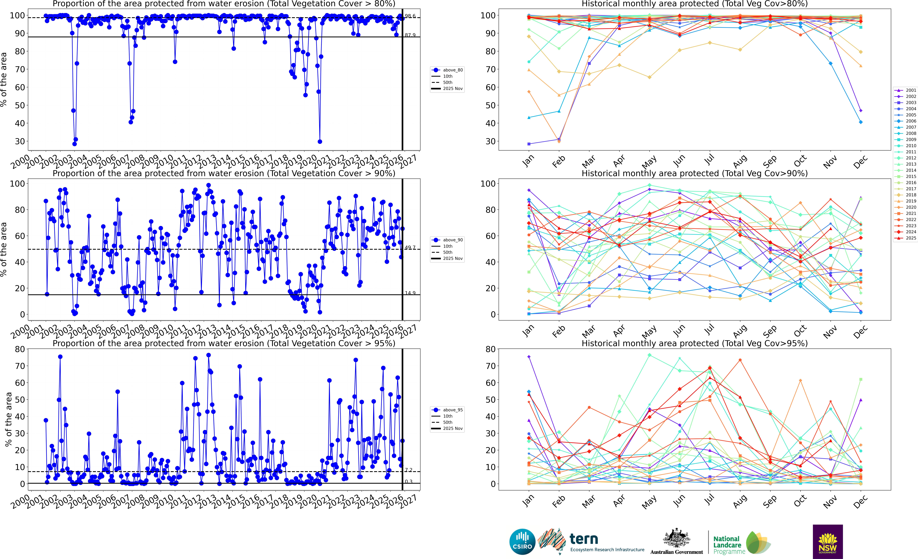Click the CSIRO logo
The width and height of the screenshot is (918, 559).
(522, 541)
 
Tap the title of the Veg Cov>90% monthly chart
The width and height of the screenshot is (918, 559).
(694, 173)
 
